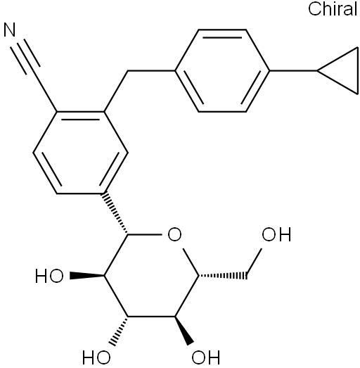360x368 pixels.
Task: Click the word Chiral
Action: click(x=333, y=9)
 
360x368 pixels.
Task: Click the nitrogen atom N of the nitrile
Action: click(x=10, y=30)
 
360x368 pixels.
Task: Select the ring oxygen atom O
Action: click(x=174, y=234)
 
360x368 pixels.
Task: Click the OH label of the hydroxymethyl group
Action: click(x=276, y=234)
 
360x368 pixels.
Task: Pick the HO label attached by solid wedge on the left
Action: click(x=49, y=276)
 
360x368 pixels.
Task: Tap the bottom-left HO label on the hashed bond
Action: click(x=96, y=357)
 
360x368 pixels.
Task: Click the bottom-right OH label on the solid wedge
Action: click(x=206, y=357)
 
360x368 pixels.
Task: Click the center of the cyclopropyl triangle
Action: click(x=345, y=70)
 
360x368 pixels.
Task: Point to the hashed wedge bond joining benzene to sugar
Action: click(x=115, y=214)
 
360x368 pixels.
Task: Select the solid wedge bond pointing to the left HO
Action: click(x=87, y=276)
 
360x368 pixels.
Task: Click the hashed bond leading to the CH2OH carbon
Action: click(x=223, y=276)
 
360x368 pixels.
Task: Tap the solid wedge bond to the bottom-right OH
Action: click(x=184, y=331)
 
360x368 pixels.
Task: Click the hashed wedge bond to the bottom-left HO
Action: click(x=119, y=331)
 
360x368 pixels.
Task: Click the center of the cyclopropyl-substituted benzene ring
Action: click(x=222, y=70)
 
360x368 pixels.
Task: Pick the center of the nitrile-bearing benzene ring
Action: click(x=80, y=153)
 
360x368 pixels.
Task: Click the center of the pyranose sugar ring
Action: click(x=151, y=276)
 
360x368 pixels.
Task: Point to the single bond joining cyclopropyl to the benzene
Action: click(x=293, y=70)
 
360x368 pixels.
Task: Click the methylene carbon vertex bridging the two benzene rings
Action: click(x=128, y=70)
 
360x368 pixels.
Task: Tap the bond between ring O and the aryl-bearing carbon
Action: click(x=145, y=234)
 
